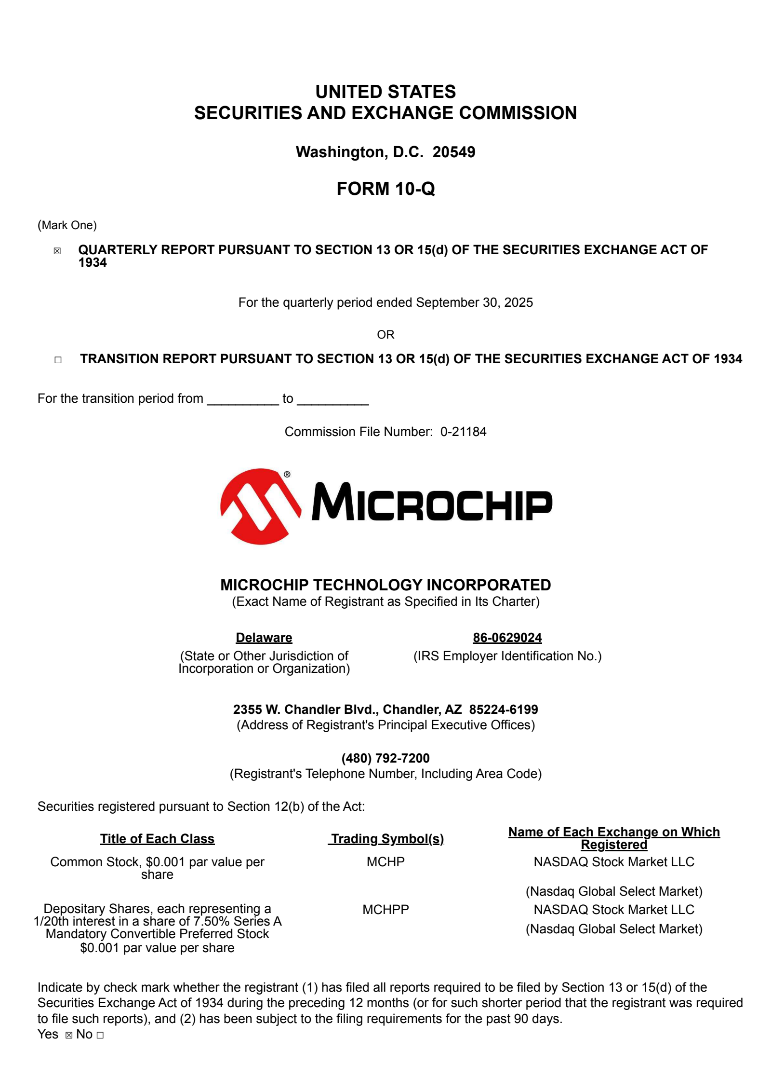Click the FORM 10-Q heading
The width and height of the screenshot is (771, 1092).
tap(385, 189)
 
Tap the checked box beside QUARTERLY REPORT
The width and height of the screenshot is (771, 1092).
tap(57, 251)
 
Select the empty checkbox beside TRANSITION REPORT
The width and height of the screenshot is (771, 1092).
tap(58, 360)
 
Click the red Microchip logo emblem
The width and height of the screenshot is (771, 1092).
tap(260, 506)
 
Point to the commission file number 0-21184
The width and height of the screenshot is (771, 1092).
tap(463, 432)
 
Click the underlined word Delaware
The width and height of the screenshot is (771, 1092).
tap(264, 638)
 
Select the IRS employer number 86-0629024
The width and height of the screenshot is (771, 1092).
tap(507, 638)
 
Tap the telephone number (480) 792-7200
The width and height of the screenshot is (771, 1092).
tap(385, 758)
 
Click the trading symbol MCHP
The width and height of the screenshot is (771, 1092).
tap(385, 862)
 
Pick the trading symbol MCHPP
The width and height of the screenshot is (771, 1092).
tap(385, 910)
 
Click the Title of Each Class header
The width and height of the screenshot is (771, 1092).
tap(157, 839)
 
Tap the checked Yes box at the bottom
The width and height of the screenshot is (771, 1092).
tap(69, 1035)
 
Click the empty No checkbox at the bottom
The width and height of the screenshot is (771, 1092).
tap(100, 1035)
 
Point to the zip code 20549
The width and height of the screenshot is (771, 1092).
tap(453, 152)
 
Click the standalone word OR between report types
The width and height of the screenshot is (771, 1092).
tap(385, 335)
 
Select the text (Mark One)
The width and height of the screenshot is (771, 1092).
tap(67, 225)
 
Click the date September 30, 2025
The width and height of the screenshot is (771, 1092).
tap(474, 302)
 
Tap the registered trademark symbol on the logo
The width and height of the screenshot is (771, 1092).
tap(287, 475)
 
